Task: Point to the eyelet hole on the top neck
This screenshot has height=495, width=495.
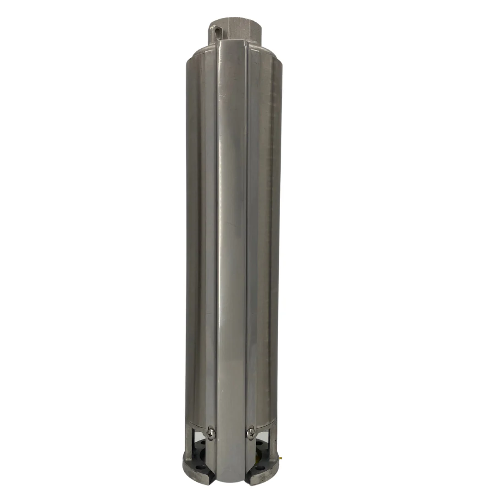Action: [218, 31]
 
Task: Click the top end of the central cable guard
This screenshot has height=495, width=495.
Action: [231, 42]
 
